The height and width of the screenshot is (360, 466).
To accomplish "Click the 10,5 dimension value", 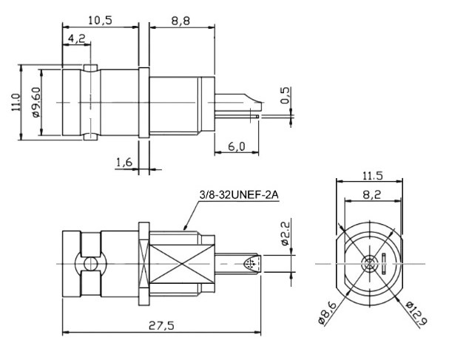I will pos(99,20).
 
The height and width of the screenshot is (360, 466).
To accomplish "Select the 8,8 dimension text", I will pos(181,20).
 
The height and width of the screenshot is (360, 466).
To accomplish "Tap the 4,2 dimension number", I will pos(75,38).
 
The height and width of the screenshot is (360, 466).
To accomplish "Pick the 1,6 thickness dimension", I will pos(124,163).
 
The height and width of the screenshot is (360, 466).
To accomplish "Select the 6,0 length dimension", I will pos(236,146).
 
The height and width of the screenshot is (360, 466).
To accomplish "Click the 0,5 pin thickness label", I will pos(286,95).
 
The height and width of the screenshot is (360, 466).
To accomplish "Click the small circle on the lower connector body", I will pos(90,264).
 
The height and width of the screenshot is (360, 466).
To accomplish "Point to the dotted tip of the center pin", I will pos(252,264).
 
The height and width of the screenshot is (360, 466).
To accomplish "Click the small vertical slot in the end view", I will pos(385,264).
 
